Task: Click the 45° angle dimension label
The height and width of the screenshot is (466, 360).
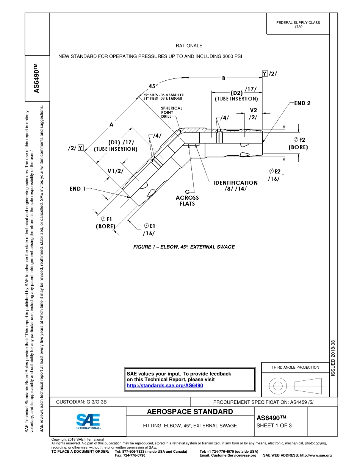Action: point(153,86)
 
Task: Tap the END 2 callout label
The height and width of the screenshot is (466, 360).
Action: point(302,103)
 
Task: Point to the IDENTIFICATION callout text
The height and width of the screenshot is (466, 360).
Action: point(235,183)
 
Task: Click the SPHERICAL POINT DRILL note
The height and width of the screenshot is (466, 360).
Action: point(171,112)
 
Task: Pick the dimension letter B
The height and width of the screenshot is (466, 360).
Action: point(224,78)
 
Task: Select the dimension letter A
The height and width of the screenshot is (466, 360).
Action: point(111,124)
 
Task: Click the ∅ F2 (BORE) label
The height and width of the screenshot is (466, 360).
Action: point(298,143)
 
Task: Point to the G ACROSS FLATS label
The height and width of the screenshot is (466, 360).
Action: point(187,198)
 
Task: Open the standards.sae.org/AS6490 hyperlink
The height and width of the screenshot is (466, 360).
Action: point(164,385)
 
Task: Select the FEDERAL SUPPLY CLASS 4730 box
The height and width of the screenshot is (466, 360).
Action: point(298,25)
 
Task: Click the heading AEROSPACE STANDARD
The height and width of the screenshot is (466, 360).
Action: point(189,411)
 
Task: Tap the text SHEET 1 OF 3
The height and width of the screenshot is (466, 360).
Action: point(274,425)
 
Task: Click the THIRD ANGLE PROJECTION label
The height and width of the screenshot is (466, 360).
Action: point(295,367)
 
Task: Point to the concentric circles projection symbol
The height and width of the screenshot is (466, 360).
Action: point(278,386)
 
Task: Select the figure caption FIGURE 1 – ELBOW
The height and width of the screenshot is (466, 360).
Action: point(184,247)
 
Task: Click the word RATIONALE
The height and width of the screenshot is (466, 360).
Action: point(189,46)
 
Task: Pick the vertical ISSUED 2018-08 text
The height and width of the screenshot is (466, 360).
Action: point(333,358)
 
